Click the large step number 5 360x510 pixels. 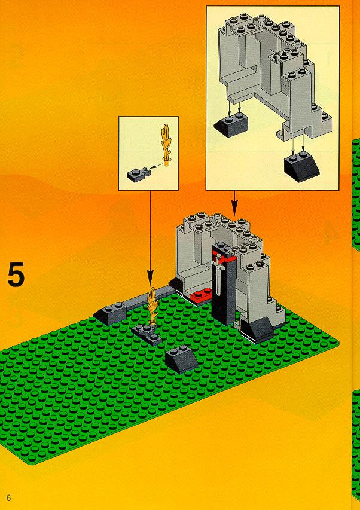coord(16,274)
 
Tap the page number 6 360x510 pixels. coord(8,497)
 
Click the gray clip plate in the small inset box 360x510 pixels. coord(139,174)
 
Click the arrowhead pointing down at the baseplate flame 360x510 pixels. coord(150,279)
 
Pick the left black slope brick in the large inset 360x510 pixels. coord(231,124)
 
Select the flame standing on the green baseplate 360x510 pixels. coord(152,306)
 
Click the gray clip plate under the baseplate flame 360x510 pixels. coord(147,334)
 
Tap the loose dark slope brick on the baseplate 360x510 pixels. coord(181,359)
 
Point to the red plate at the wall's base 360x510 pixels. coord(202,295)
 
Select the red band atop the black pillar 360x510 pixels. coord(224,256)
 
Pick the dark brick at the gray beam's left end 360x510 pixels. coord(110,313)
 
